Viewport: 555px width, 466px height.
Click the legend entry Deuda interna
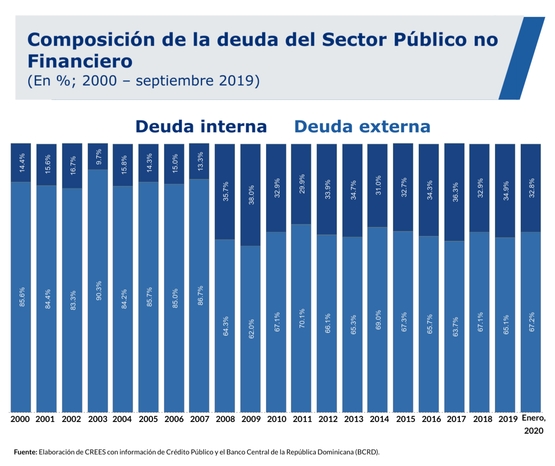tap(201, 126)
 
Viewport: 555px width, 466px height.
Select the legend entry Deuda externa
tap(362, 126)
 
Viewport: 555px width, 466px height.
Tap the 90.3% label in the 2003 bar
tap(99, 291)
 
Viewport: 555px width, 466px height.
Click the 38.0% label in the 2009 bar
tap(251, 195)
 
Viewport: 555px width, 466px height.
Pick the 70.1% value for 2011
tap(302, 319)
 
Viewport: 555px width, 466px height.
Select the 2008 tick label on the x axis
tap(225, 419)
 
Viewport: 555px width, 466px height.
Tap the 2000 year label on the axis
tap(20, 419)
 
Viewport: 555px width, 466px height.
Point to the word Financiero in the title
tap(80, 61)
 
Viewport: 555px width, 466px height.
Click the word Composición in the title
tap(91, 40)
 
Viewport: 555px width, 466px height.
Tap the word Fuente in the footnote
tap(26, 452)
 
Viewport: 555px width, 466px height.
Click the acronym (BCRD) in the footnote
tap(367, 452)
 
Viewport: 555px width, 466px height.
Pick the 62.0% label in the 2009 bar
tap(251, 328)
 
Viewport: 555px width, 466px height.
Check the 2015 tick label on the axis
tap(405, 419)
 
